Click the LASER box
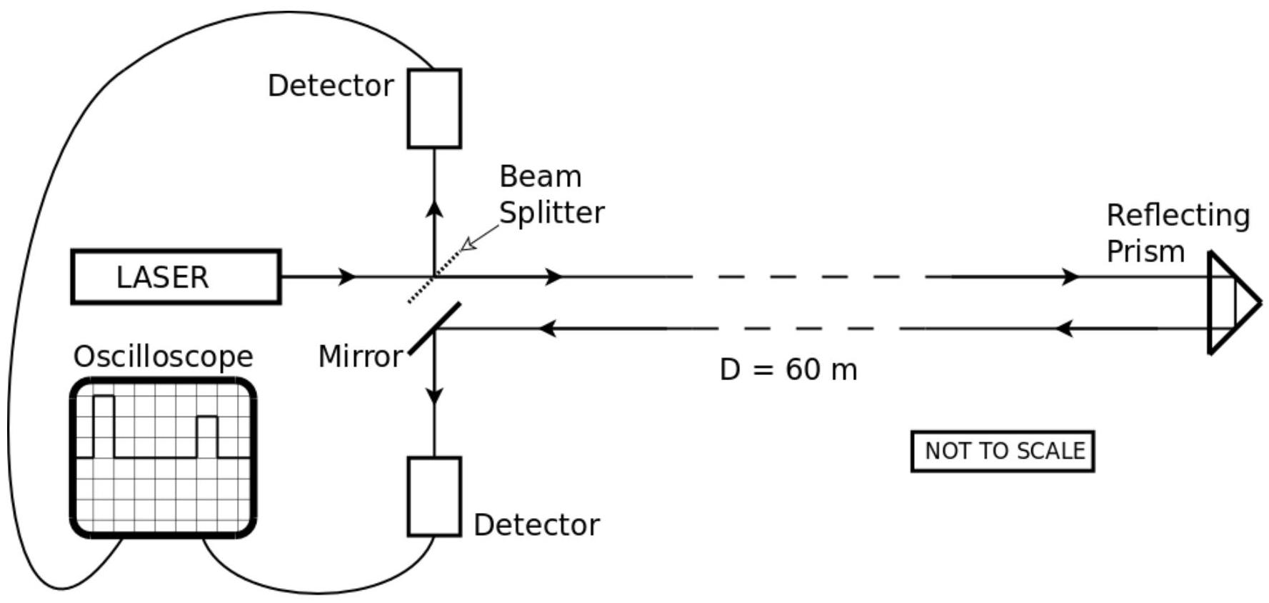pyautogui.click(x=176, y=276)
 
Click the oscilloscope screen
pyautogui.click(x=164, y=458)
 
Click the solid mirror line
pyautogui.click(x=434, y=329)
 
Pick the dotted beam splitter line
pyautogui.click(x=434, y=276)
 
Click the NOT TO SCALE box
pyautogui.click(x=1003, y=451)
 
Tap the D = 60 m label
pyautogui.click(x=788, y=369)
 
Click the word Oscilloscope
pyautogui.click(x=164, y=356)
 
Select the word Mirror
pyautogui.click(x=360, y=357)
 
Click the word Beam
pyautogui.click(x=540, y=176)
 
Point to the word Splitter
pyautogui.click(x=551, y=212)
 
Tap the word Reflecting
pyautogui.click(x=1178, y=215)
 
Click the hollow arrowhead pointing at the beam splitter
pyautogui.click(x=468, y=245)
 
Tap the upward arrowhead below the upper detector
pyautogui.click(x=434, y=209)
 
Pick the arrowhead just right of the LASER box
pyautogui.click(x=347, y=276)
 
